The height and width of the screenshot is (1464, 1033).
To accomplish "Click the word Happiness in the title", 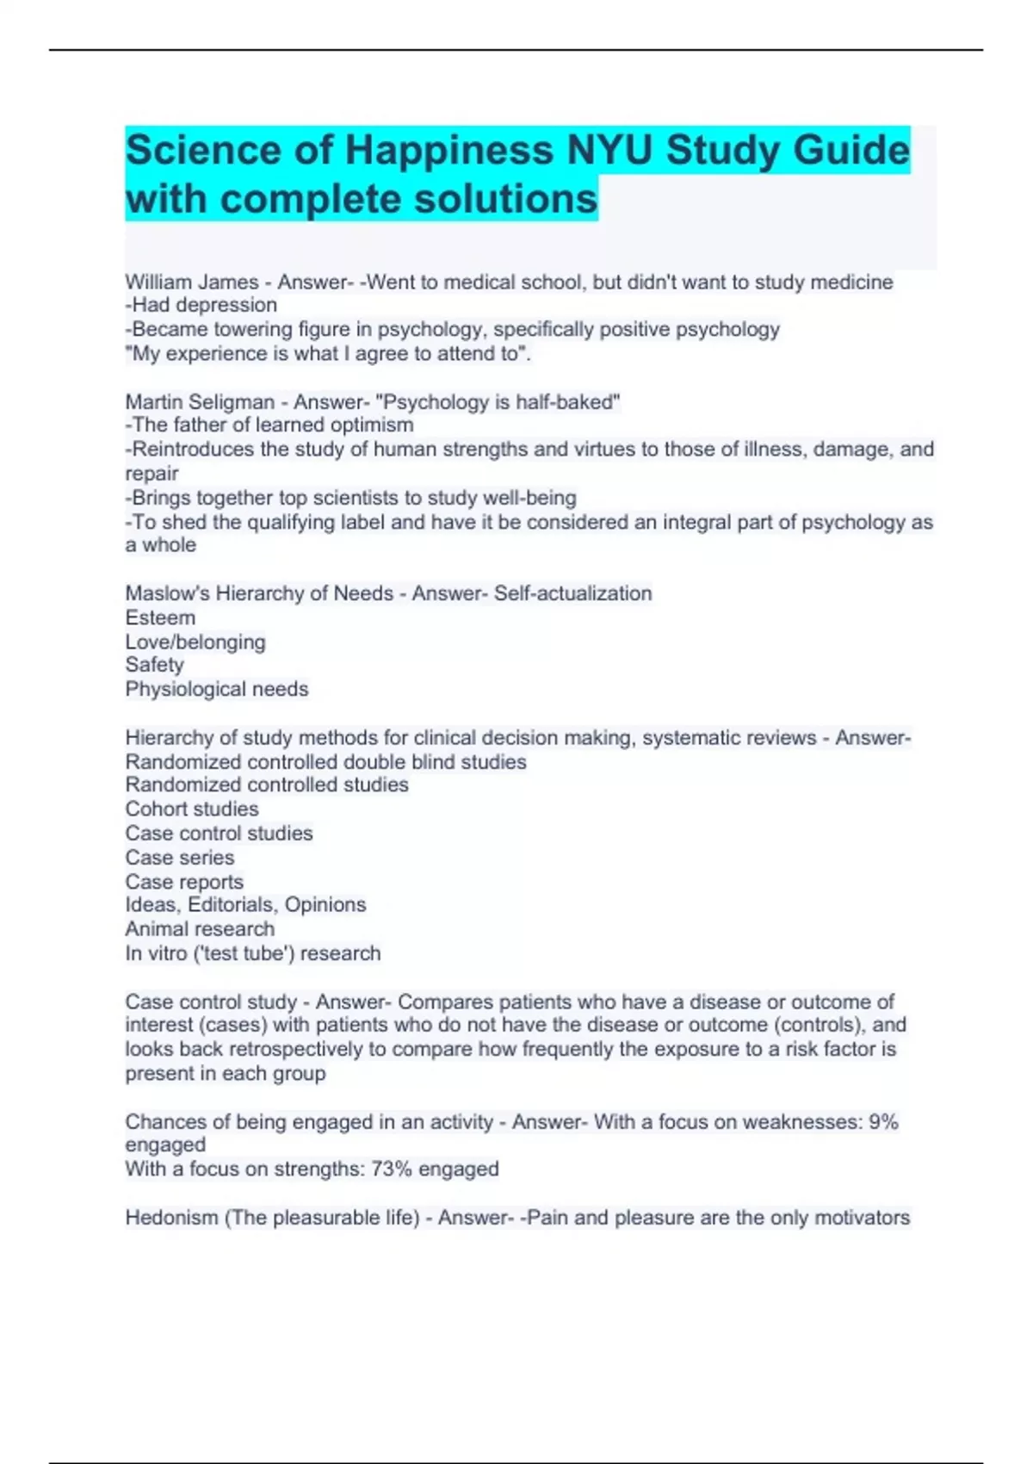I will coord(449,150).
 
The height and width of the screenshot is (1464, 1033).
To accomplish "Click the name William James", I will coord(192,282).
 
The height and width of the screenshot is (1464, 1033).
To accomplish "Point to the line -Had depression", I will coord(201,305).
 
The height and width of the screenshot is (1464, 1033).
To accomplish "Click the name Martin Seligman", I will coord(200,402).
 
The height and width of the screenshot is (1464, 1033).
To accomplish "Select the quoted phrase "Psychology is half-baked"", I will coord(498,402).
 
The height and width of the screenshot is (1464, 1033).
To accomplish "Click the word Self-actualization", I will coord(572,593).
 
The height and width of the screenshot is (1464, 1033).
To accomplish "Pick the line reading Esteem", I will coord(160,617).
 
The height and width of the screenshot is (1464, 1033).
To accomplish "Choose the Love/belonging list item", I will coord(195,642).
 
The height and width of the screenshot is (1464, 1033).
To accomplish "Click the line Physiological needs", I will coord(217,689).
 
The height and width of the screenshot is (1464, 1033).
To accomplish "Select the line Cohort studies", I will coord(192,809).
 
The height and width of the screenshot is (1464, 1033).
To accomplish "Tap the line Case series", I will coord(180,858).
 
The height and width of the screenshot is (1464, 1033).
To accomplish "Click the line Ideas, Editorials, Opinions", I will coord(245,905).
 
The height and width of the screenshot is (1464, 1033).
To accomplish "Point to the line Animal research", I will coord(200,929).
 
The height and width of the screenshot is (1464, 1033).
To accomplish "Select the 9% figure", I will coord(883,1122).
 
